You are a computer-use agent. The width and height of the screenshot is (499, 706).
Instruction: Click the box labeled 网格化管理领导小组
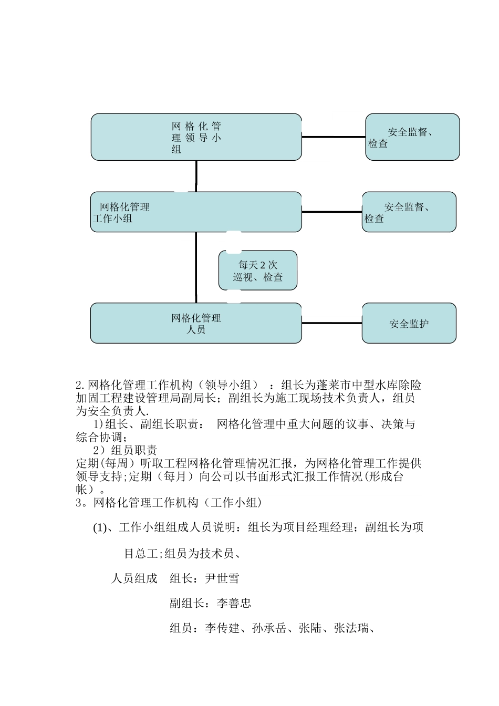[x=196, y=137]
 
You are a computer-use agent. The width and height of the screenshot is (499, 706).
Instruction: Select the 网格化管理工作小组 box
[x=196, y=212]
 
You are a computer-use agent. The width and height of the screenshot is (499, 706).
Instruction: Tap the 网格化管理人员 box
[x=196, y=324]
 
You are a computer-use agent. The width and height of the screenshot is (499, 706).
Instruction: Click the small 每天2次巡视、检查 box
[x=258, y=271]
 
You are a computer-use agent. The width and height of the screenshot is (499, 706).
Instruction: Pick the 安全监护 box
[x=409, y=324]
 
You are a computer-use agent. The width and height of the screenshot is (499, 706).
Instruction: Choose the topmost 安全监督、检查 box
[x=412, y=137]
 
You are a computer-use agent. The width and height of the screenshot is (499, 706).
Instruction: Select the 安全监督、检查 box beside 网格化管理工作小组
[x=409, y=212]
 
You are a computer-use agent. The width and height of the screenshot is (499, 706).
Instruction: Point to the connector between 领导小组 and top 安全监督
[x=334, y=137]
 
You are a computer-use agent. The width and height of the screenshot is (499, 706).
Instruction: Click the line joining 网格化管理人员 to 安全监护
[x=332, y=324]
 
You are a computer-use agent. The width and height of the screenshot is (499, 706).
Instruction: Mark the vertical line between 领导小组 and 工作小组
[x=196, y=176]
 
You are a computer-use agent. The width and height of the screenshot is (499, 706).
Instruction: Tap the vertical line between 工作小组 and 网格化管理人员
[x=196, y=267]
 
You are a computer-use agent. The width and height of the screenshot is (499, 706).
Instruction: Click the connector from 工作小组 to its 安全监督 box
[x=332, y=212]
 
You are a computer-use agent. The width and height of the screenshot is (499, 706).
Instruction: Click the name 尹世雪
[x=222, y=579]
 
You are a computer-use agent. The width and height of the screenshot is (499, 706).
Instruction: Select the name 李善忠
[x=234, y=604]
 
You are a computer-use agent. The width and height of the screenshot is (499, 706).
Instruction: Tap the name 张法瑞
[x=351, y=628]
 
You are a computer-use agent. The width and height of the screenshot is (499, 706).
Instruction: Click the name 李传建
[x=222, y=628]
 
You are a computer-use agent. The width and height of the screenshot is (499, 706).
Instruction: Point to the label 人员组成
[x=134, y=579]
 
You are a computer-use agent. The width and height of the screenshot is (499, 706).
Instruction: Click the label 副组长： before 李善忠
[x=190, y=604]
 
